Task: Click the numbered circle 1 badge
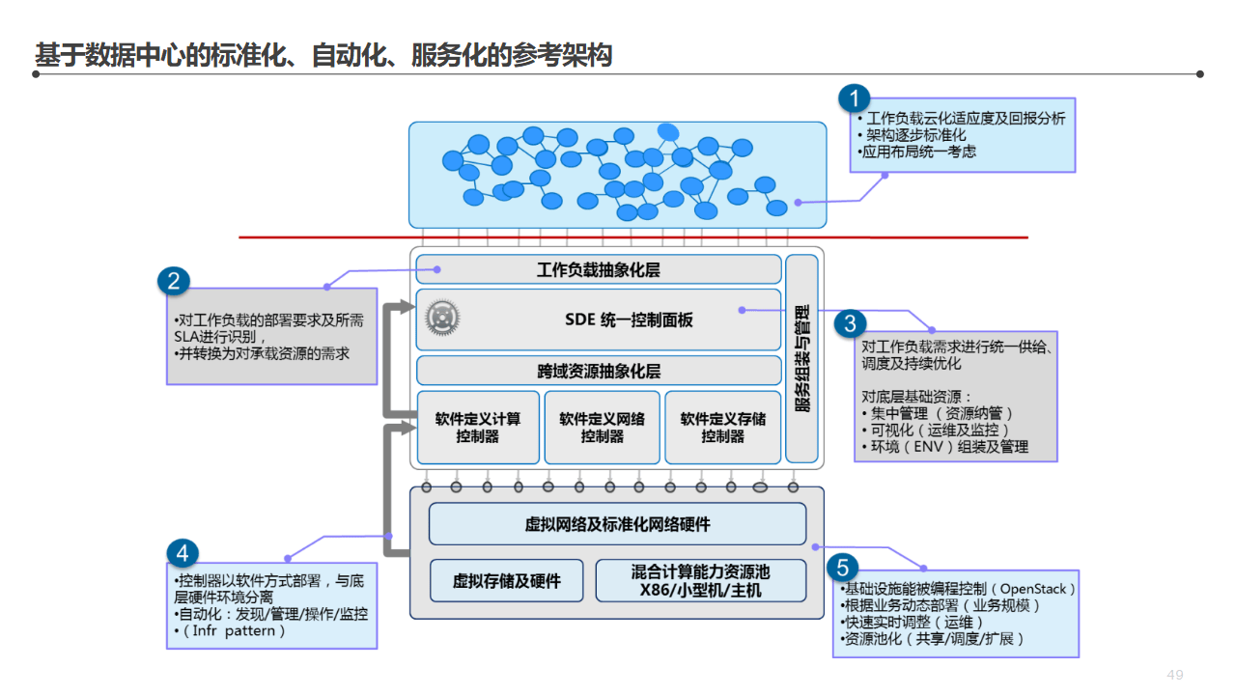[854, 98]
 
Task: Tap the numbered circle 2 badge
[173, 281]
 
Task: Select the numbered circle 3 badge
[850, 323]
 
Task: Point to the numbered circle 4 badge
[183, 552]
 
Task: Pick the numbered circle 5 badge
[842, 567]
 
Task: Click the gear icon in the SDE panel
[442, 318]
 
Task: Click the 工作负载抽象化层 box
[598, 270]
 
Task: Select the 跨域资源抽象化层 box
[598, 371]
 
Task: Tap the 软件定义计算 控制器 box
[478, 428]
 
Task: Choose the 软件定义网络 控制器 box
[602, 428]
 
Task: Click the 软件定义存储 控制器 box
[722, 428]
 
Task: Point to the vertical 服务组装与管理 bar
[801, 359]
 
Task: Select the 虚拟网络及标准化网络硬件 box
[617, 524]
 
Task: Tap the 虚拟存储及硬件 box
[506, 581]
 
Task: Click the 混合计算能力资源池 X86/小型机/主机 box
[700, 581]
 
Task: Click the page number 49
[1175, 675]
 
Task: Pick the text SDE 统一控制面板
[629, 320]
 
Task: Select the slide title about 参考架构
[323, 55]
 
